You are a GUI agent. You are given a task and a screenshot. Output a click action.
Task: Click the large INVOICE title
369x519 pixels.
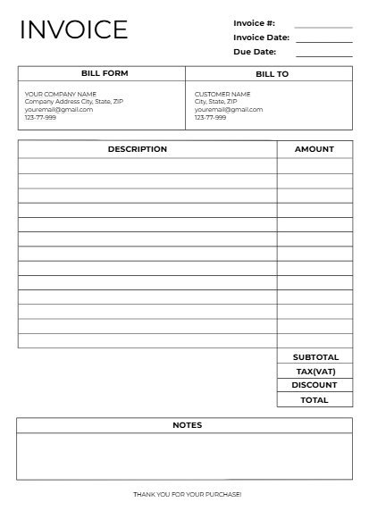[73, 29]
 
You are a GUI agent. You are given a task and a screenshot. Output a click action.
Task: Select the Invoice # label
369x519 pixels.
[254, 22]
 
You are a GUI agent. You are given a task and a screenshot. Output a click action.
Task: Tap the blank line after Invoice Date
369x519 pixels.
[323, 41]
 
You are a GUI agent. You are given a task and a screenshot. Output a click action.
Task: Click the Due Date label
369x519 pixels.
[254, 52]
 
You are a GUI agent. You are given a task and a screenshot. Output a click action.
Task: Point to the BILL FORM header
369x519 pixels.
[101, 74]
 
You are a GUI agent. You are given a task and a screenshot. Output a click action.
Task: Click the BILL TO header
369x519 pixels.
[272, 74]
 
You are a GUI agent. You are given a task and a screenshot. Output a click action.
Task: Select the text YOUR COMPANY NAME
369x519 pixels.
[60, 94]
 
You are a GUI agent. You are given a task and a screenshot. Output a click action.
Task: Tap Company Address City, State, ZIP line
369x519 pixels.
[74, 102]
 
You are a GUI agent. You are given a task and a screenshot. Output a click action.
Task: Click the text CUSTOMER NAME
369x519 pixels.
[222, 94]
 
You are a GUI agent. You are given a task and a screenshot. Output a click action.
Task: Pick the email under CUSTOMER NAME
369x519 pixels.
[229, 110]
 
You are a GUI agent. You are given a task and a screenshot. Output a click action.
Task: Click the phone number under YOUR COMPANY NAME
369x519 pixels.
[40, 118]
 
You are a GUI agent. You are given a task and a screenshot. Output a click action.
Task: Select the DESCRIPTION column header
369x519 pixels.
[137, 149]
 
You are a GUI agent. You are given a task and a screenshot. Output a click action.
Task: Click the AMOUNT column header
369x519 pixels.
[314, 149]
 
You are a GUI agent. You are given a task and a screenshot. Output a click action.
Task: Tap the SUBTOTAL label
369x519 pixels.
[315, 357]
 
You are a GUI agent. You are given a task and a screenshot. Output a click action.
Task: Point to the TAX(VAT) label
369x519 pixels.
[315, 372]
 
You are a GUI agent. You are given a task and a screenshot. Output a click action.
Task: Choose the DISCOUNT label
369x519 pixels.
[314, 385]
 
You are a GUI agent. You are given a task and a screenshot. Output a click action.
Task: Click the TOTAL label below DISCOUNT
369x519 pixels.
[314, 400]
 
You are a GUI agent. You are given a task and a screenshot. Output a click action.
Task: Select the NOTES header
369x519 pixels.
[187, 425]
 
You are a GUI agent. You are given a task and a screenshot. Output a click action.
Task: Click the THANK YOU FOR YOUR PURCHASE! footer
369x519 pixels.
[187, 494]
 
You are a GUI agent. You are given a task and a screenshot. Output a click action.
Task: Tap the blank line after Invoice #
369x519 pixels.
[323, 27]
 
